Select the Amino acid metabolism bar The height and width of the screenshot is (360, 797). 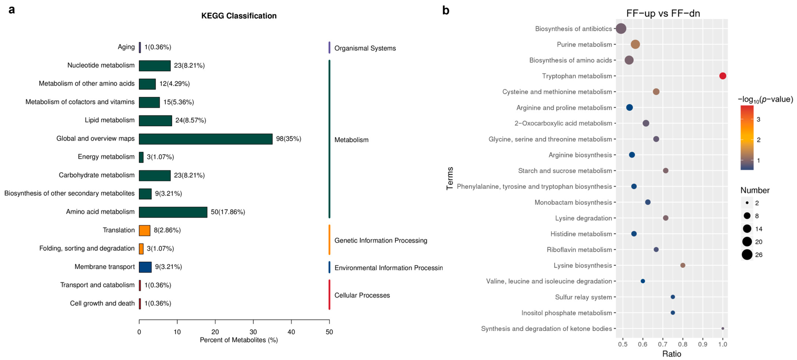click(x=173, y=212)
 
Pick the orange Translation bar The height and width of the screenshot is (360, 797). click(x=145, y=230)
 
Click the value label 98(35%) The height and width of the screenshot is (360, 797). click(x=288, y=139)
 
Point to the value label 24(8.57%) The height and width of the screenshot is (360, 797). click(x=191, y=120)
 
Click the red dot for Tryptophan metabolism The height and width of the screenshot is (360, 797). click(x=723, y=76)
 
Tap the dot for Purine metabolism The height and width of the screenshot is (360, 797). click(x=635, y=45)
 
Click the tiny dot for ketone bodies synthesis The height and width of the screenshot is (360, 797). click(x=723, y=328)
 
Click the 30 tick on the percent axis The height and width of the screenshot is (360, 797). click(x=253, y=332)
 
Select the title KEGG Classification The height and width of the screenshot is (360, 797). click(x=239, y=16)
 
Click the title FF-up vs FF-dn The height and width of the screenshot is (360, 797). click(x=663, y=13)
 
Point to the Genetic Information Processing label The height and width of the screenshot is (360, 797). click(x=381, y=241)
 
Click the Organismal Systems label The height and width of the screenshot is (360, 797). click(x=365, y=48)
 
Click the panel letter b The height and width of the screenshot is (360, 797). click(x=446, y=11)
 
